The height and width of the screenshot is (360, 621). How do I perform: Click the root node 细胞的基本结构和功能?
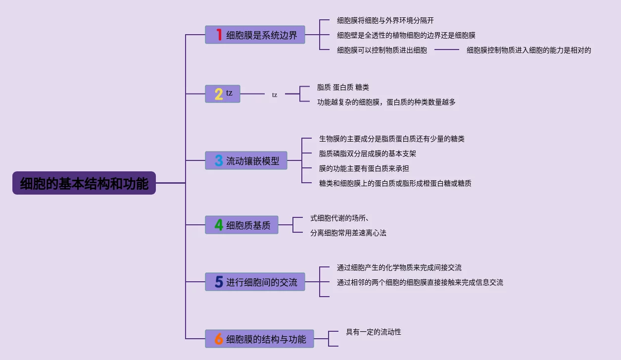(84, 183)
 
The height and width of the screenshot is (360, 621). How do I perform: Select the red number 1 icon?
(219, 35)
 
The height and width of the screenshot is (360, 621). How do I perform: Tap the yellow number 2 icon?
(219, 94)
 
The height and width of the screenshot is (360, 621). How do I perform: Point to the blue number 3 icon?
(219, 160)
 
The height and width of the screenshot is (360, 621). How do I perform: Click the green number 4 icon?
(219, 225)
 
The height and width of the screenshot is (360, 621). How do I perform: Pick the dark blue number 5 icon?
(219, 282)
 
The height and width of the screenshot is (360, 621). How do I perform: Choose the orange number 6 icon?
(219, 339)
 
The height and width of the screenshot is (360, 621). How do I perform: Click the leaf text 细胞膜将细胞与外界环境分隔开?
(385, 20)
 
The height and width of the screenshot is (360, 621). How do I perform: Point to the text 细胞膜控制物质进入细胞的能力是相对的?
(529, 50)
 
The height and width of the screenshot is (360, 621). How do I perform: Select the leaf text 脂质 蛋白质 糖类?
(343, 87)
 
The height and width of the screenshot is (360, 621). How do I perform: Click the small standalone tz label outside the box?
(275, 95)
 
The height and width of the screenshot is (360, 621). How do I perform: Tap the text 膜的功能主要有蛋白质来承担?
(364, 168)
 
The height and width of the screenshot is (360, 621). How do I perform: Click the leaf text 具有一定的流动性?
(374, 332)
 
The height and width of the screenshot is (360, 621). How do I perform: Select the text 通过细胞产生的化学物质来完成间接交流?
(399, 267)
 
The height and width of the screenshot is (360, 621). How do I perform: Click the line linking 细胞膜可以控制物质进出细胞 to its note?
(447, 50)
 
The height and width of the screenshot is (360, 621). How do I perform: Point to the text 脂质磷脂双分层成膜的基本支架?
(368, 154)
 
